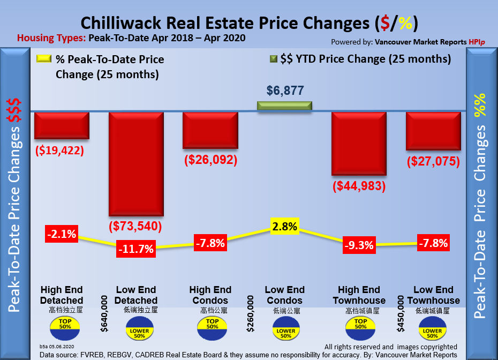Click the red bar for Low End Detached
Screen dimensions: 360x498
tap(135, 163)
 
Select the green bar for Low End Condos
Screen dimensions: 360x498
tap(285, 106)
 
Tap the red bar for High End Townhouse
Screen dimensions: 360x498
tap(359, 143)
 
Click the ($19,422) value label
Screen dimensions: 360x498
tap(59, 151)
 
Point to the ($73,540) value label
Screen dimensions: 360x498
tap(135, 226)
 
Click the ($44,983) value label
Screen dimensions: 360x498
tap(359, 186)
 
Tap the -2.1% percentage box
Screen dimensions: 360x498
tap(62, 234)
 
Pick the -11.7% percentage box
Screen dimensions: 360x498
tap(137, 249)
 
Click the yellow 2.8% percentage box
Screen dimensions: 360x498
tap(285, 226)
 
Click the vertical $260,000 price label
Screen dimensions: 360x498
tap(250, 313)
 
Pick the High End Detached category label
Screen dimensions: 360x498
tap(62, 295)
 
